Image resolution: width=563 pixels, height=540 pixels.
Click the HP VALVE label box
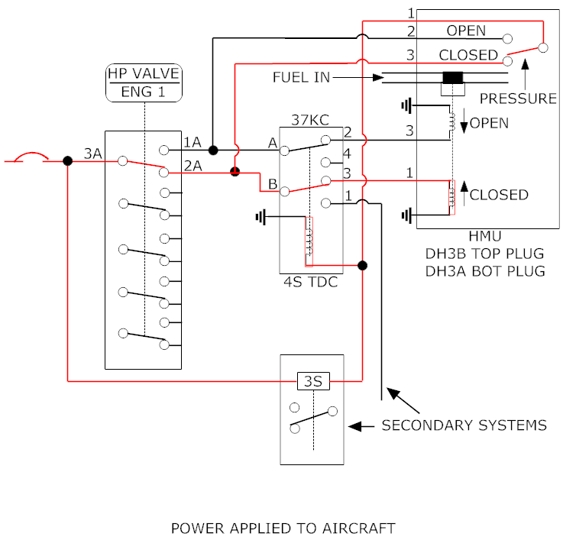point(144,83)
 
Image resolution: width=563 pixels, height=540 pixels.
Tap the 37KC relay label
point(309,119)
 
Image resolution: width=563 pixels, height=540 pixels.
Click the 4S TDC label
point(311,283)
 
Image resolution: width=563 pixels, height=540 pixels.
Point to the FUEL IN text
point(300,77)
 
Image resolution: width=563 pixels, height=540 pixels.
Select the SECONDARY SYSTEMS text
point(464,425)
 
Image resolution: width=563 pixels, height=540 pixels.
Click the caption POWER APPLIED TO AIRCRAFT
point(283,528)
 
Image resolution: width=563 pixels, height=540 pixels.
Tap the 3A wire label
point(92,154)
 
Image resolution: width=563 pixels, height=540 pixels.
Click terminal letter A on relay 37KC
point(272,142)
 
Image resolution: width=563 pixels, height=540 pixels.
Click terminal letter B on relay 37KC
point(272,183)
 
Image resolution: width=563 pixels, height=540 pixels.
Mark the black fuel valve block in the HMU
point(454,78)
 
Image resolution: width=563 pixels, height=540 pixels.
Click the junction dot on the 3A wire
point(68,161)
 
